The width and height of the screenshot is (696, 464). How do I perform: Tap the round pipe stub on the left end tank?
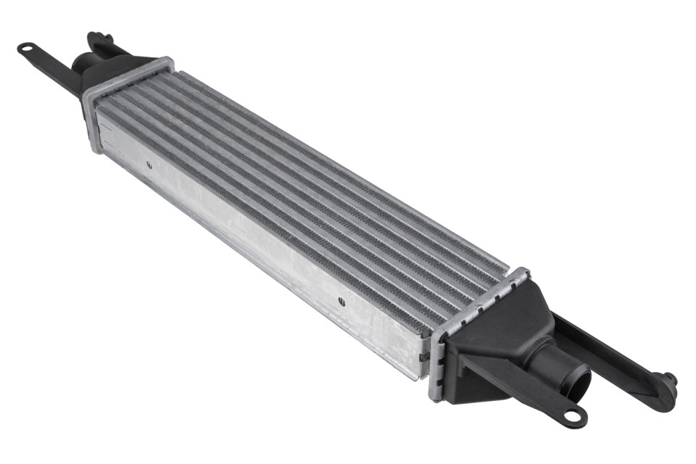point(81,63)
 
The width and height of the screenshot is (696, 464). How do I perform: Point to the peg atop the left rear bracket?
point(96,36)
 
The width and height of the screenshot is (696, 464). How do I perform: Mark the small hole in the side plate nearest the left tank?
point(149,165)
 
